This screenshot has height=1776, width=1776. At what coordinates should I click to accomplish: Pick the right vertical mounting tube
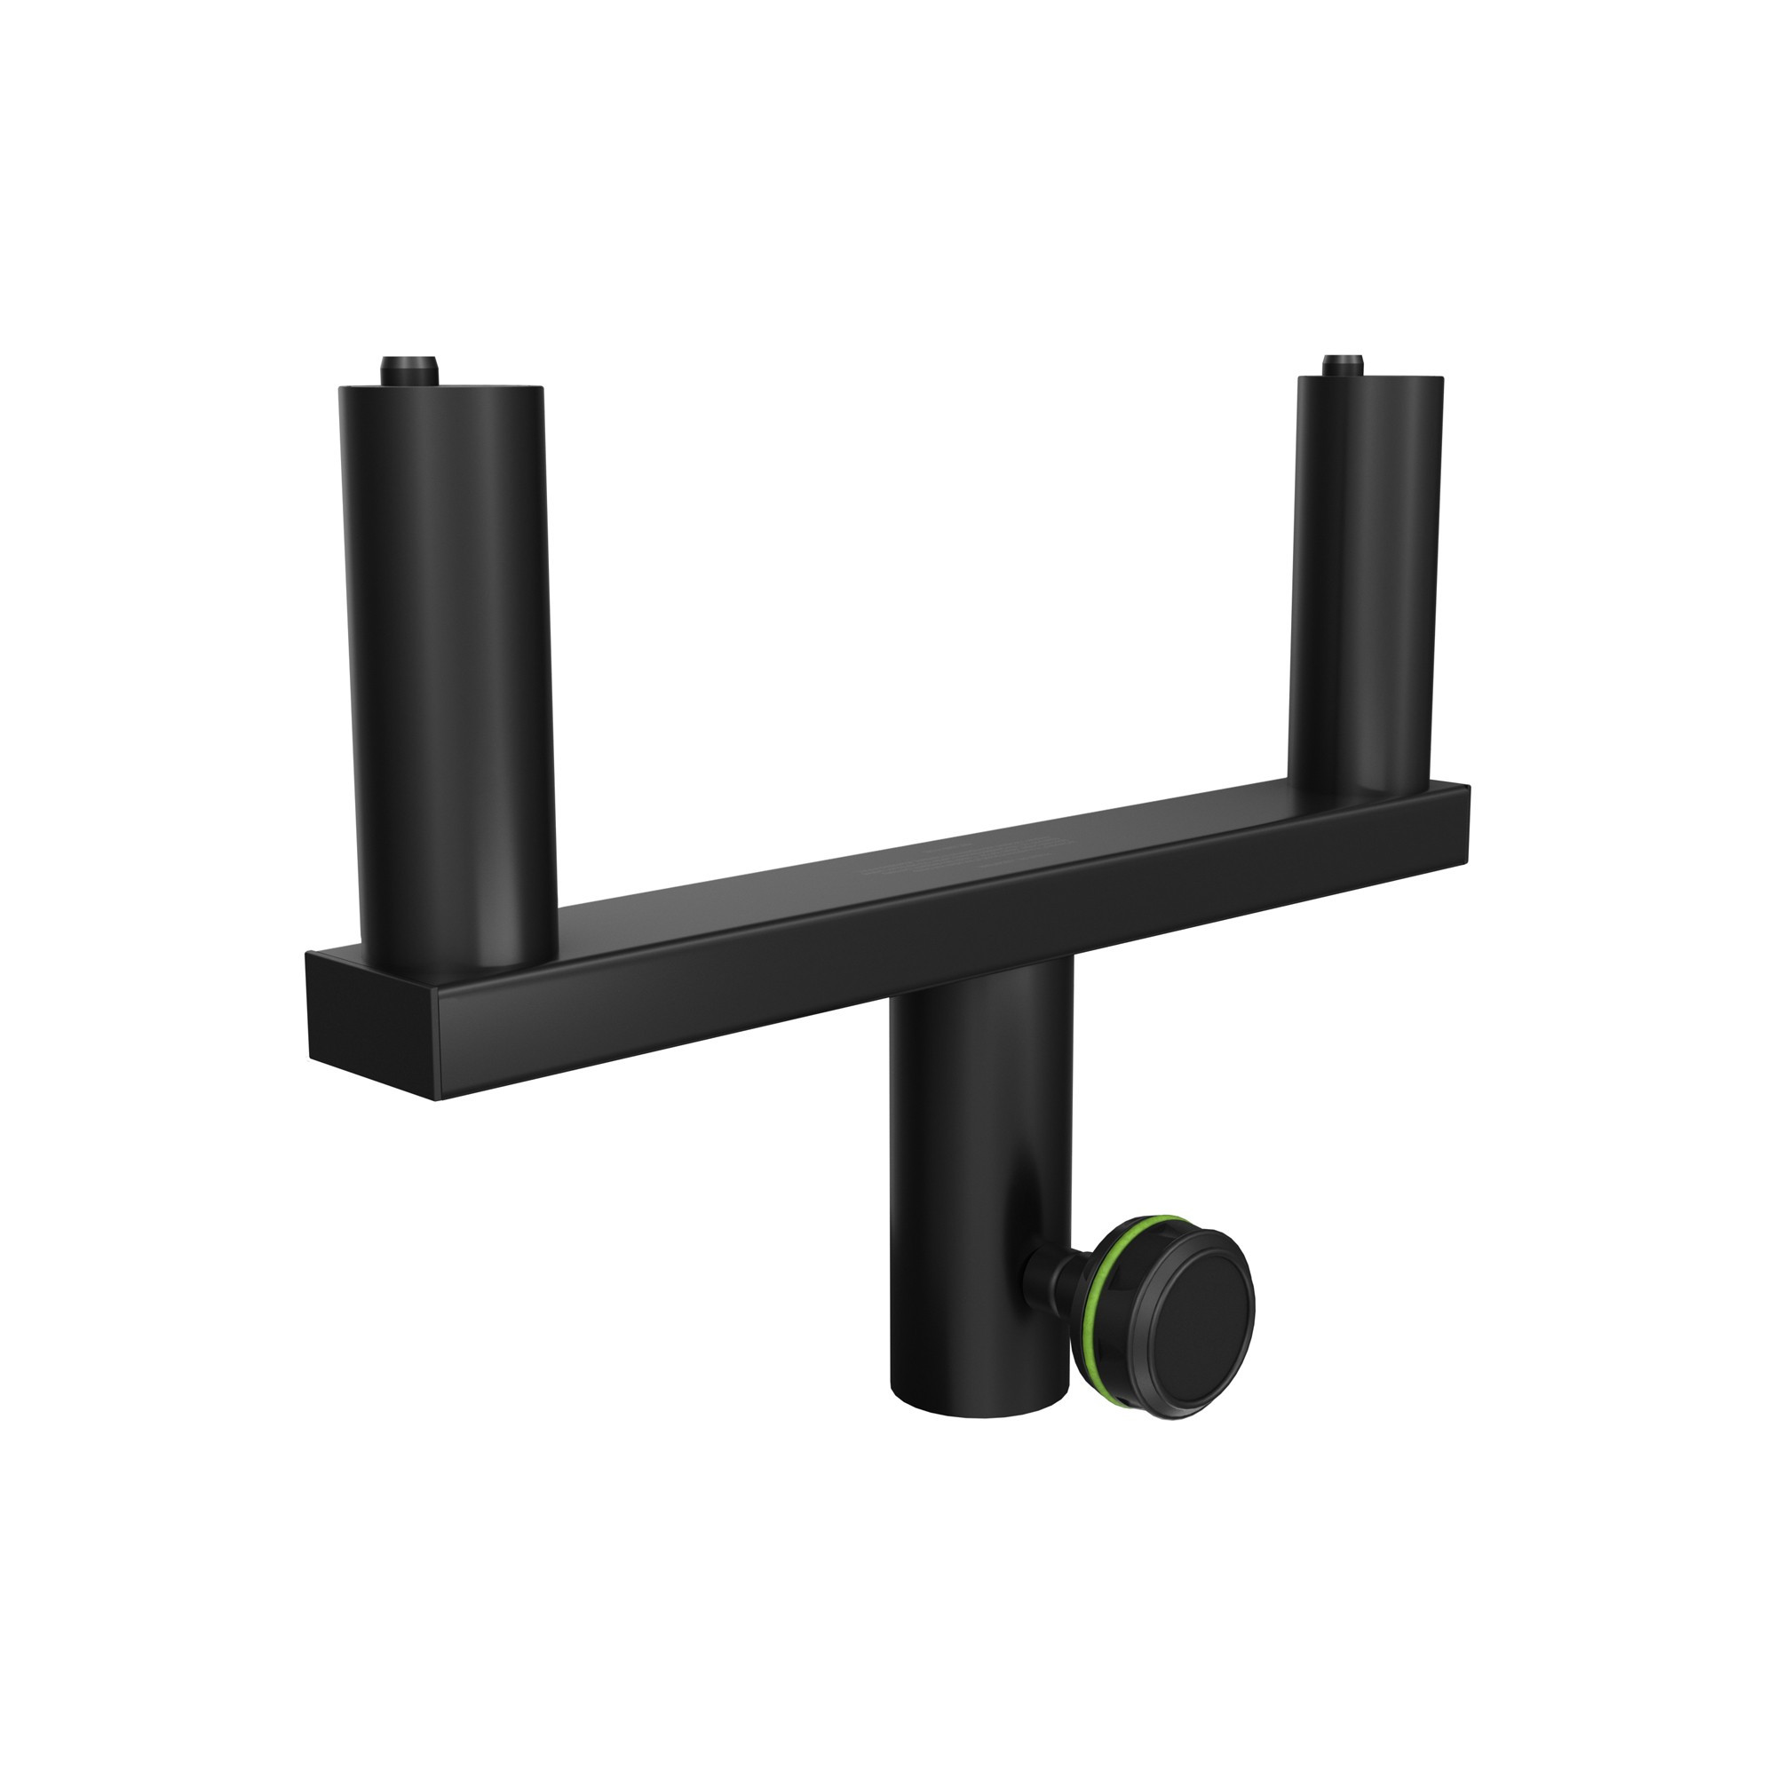point(1364,589)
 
